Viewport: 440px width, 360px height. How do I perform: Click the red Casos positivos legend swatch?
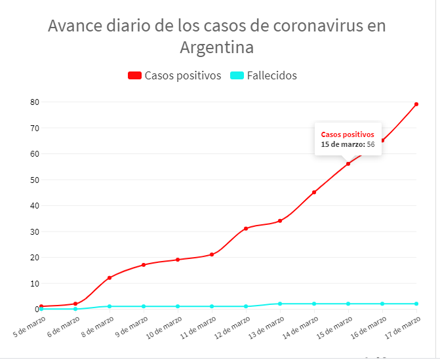coord(134,75)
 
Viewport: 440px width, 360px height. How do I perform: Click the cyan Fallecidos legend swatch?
coord(237,75)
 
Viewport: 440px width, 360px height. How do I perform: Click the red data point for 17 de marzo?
coord(416,104)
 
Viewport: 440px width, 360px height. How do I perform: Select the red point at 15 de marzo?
coord(348,163)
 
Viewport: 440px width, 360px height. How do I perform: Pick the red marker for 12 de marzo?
coord(246,228)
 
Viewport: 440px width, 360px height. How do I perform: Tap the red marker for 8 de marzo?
coord(110,277)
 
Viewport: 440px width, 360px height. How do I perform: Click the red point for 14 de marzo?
coord(314,192)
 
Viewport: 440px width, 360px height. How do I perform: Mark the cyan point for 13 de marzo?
coord(280,304)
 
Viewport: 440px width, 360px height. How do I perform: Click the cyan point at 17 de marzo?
coord(416,304)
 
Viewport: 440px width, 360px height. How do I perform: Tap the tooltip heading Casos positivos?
coord(348,134)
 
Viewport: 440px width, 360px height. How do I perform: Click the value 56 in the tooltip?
coord(370,144)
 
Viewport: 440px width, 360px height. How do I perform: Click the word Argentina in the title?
coord(216,48)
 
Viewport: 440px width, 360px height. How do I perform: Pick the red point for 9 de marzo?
coord(144,265)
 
